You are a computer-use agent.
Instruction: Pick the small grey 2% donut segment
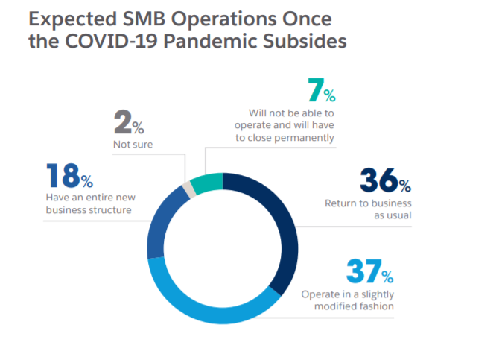189,190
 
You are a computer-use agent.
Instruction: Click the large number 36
378,180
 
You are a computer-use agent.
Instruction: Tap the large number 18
62,175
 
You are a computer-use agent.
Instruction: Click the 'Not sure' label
133,144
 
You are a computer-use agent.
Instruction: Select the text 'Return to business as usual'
368,209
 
